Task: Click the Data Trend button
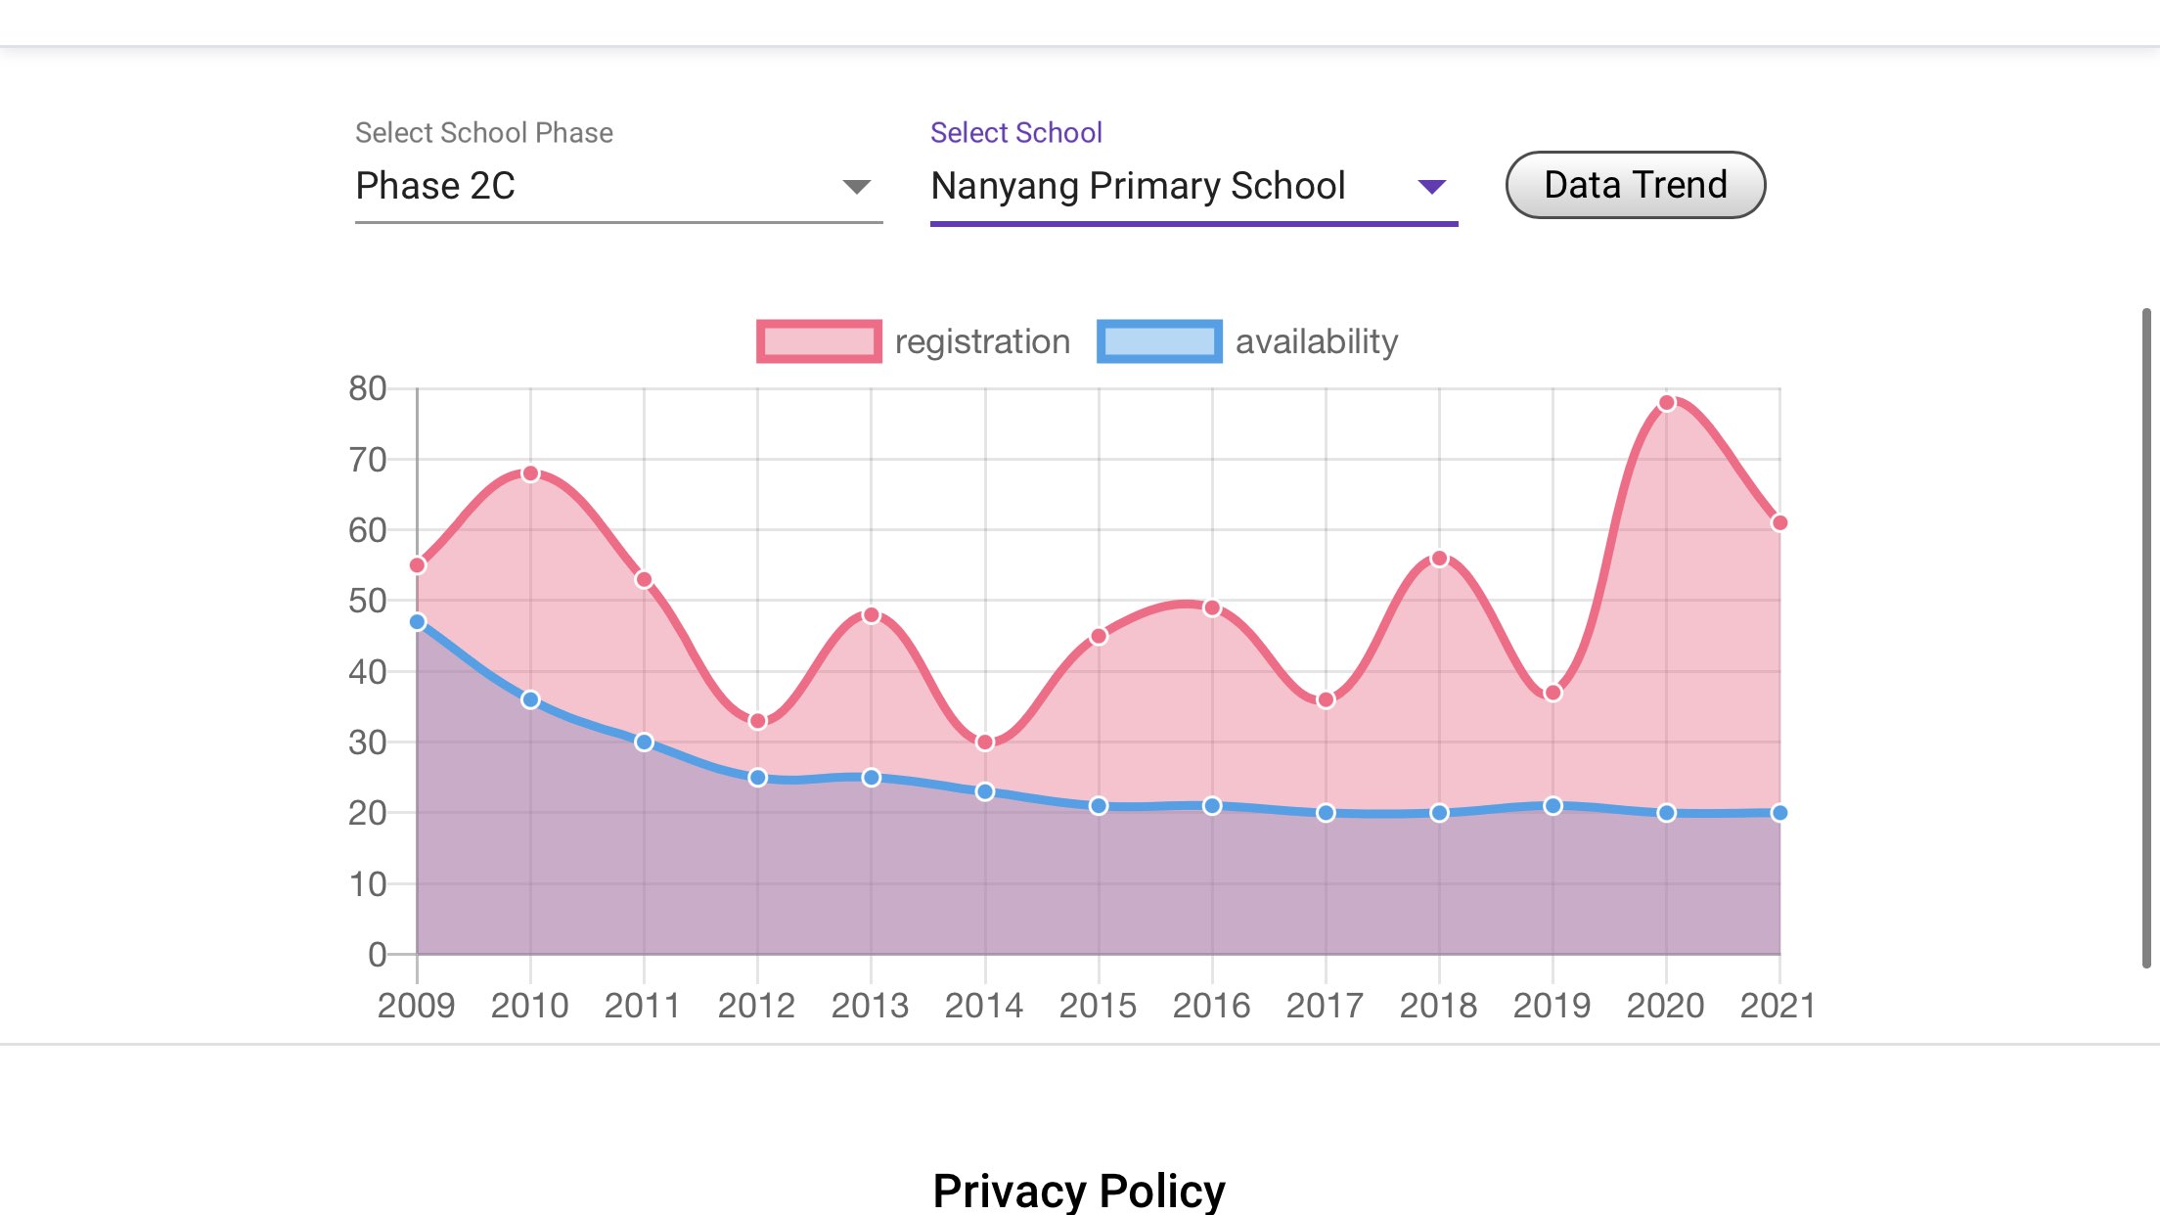pos(1635,185)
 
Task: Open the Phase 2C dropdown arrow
pos(856,187)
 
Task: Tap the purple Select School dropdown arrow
pos(1431,187)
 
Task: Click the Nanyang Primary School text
pos(1138,186)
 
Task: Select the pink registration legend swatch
pos(819,341)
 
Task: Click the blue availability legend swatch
pos(1159,341)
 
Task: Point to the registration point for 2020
pos(1667,403)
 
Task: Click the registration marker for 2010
pos(530,473)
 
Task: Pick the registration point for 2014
pos(985,742)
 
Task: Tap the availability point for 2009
pos(418,622)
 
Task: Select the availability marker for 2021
pos(1779,813)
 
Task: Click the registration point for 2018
pos(1439,559)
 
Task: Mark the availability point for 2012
pos(757,778)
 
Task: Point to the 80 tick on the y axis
pos(368,388)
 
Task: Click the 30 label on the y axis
pos(368,742)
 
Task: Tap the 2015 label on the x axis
pos(1098,1006)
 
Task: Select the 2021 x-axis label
pos(1777,1006)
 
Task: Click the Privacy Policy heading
pos(1079,1191)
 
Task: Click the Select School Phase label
pos(484,133)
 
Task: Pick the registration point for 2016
pos(1212,608)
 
